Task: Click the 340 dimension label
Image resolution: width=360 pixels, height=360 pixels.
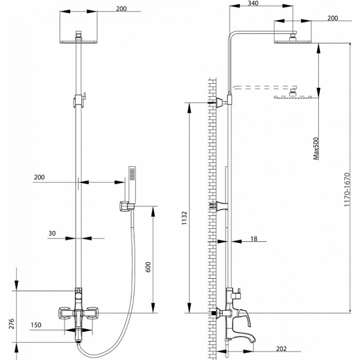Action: [253, 3]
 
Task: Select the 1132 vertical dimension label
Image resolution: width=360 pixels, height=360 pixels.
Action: [184, 218]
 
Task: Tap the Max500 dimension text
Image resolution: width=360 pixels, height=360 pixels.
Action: [316, 148]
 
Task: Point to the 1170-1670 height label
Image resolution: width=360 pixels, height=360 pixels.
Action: [347, 189]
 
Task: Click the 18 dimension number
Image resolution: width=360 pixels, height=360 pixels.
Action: [254, 239]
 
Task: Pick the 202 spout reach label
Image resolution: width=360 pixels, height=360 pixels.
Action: [281, 349]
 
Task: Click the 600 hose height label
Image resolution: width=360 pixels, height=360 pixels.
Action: [148, 267]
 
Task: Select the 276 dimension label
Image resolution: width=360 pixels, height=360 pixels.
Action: [11, 323]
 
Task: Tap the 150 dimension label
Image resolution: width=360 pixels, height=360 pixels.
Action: [36, 325]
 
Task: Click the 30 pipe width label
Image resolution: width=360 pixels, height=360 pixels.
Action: [52, 233]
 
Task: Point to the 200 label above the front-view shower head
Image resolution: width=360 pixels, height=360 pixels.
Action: [121, 9]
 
